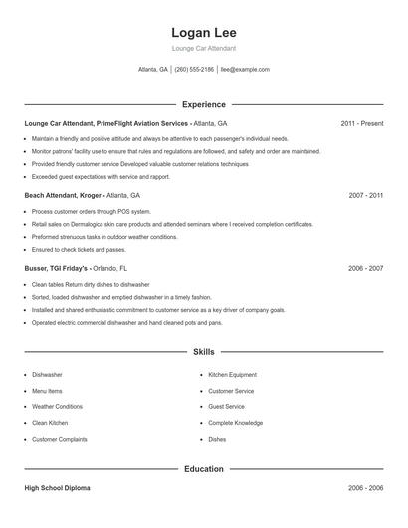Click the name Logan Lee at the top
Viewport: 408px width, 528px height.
pyautogui.click(x=203, y=32)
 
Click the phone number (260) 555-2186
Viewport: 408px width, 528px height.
pyautogui.click(x=194, y=70)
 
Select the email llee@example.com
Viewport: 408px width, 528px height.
pyautogui.click(x=245, y=70)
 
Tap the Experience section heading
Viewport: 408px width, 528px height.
pyautogui.click(x=203, y=104)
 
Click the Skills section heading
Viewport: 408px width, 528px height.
pyautogui.click(x=203, y=352)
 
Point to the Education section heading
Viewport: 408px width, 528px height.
pyautogui.click(x=203, y=468)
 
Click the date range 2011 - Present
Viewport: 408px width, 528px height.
pyautogui.click(x=361, y=123)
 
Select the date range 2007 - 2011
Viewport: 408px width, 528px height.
pyautogui.click(x=365, y=196)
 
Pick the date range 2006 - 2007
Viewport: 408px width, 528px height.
pyautogui.click(x=365, y=269)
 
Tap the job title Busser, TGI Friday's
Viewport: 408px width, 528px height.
pyautogui.click(x=57, y=269)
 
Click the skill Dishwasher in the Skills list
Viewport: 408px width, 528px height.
pyautogui.click(x=47, y=375)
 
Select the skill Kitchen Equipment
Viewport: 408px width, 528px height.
pyautogui.click(x=232, y=375)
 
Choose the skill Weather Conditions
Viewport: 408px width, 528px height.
pyautogui.click(x=57, y=406)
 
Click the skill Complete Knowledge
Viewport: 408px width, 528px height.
pyautogui.click(x=235, y=423)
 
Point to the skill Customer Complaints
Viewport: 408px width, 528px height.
pyautogui.click(x=59, y=439)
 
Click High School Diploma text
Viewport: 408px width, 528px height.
pyautogui.click(x=57, y=488)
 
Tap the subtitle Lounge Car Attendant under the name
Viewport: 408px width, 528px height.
pyautogui.click(x=203, y=48)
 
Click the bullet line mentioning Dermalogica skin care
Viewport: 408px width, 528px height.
pyautogui.click(x=172, y=225)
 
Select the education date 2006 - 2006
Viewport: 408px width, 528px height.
pyautogui.click(x=365, y=488)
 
